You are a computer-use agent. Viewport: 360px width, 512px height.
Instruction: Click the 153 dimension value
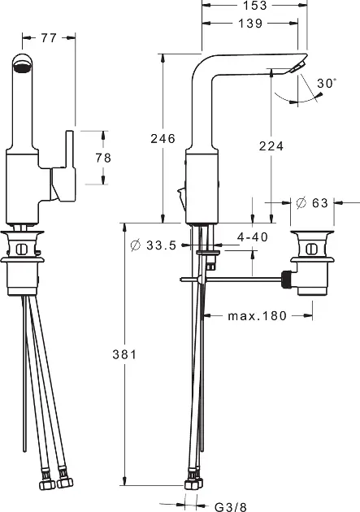coord(255,5)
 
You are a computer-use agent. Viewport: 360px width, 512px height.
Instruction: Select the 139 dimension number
coord(250,24)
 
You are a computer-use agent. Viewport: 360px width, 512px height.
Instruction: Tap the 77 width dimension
coord(49,38)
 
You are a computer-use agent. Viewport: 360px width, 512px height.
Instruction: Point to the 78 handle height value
coord(103,158)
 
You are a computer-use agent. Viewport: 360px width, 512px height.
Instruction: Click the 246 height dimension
coord(163,139)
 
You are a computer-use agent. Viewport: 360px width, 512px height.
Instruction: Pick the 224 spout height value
coord(271,146)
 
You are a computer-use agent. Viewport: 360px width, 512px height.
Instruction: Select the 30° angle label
coord(327,83)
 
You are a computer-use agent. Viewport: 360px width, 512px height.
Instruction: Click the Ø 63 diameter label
coord(312,203)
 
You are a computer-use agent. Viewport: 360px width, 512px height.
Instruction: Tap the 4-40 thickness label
coord(252,236)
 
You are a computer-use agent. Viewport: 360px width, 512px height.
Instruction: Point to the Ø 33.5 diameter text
coord(153,245)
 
